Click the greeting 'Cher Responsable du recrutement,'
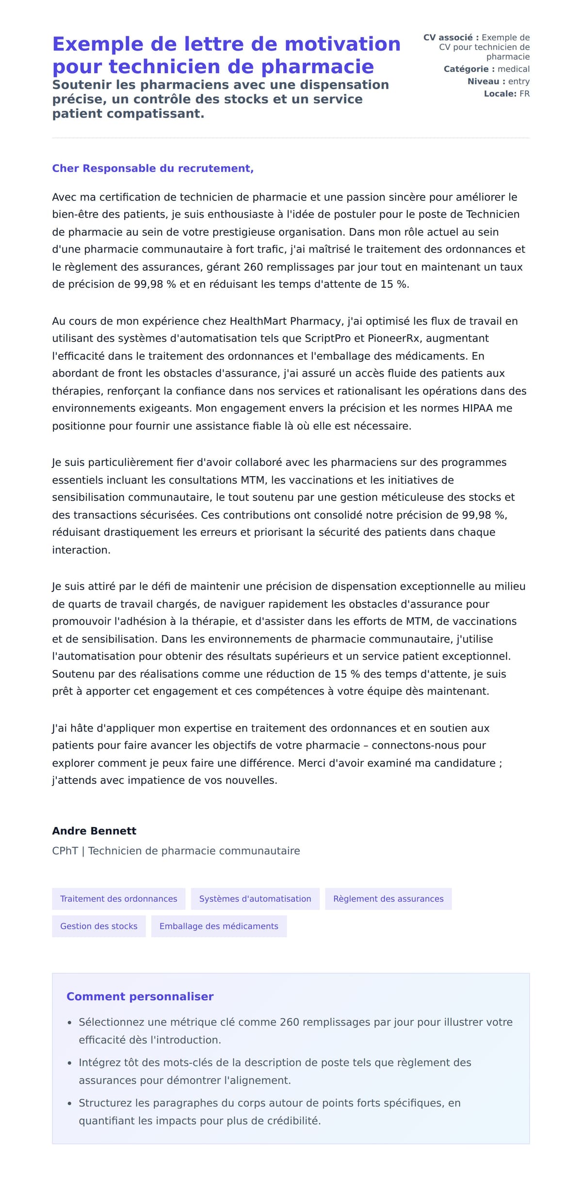153,168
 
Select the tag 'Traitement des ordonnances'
118,899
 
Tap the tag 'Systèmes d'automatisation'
255,899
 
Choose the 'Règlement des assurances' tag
388,899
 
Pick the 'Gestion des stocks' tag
98,926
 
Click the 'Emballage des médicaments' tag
219,926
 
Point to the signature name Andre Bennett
94,831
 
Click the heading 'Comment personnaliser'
140,996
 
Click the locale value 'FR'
524,94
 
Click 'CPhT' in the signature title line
65,851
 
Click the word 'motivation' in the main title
342,44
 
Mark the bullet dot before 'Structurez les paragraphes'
70,1104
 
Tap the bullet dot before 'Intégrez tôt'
70,1063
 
